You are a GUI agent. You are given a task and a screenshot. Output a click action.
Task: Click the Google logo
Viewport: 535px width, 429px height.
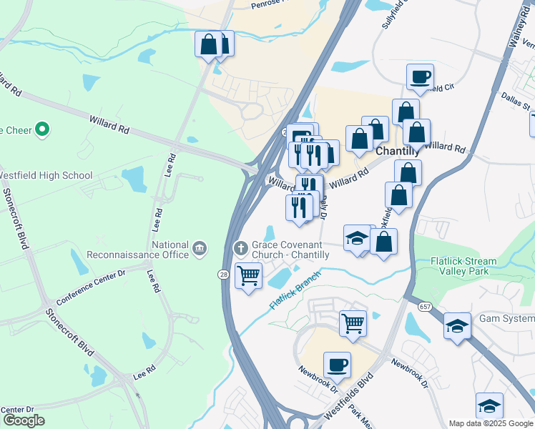(x=23, y=420)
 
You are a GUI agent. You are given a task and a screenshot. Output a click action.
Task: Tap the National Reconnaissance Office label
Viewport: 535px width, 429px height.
(x=138, y=248)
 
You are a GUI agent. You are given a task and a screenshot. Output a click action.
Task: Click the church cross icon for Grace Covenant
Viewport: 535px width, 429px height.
(x=241, y=247)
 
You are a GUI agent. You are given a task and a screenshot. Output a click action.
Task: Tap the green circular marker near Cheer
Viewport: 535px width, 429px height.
(x=42, y=129)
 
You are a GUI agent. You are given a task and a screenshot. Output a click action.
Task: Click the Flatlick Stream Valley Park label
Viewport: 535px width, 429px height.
(x=463, y=266)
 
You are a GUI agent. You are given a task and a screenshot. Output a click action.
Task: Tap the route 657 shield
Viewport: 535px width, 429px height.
(x=426, y=306)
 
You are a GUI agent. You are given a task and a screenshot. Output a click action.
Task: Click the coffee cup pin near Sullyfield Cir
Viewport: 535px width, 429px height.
(x=421, y=77)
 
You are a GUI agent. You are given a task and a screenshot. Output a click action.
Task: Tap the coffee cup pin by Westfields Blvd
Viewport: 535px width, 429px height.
(x=337, y=365)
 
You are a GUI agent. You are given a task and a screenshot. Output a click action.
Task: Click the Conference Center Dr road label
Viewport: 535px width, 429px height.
(x=91, y=286)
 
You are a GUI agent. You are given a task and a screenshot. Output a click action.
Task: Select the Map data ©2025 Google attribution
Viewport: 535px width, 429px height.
(x=490, y=423)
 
